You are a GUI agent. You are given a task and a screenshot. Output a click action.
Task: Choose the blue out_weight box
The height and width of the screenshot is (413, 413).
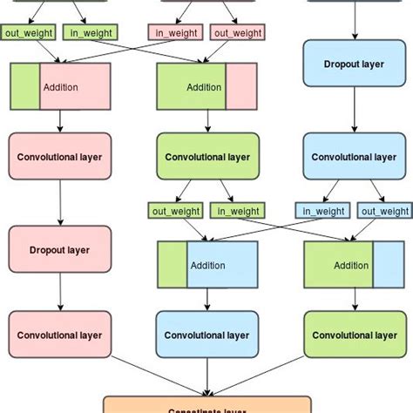(383, 210)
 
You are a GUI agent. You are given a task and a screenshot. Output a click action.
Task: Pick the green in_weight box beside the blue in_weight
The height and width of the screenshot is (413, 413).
(234, 210)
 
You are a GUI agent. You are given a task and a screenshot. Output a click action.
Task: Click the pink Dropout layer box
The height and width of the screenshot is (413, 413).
(60, 249)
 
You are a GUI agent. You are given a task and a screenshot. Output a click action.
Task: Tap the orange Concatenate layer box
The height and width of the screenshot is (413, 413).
(206, 405)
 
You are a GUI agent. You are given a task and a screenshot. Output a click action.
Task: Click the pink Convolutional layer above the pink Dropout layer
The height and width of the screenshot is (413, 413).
(60, 157)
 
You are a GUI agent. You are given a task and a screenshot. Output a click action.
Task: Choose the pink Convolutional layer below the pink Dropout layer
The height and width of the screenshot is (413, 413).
(60, 335)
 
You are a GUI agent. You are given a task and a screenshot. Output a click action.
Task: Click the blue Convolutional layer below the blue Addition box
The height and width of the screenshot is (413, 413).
(207, 335)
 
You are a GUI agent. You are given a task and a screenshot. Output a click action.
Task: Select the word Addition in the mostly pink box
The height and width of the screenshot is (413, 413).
(61, 87)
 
